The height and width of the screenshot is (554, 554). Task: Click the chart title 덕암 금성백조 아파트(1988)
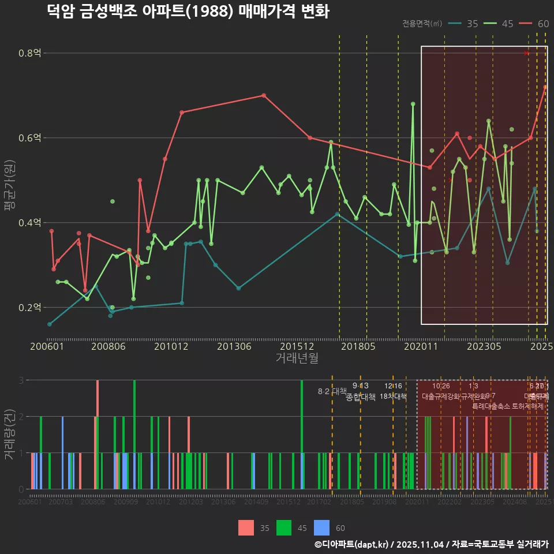(188, 12)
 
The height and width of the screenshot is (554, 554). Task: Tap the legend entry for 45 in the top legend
(499, 24)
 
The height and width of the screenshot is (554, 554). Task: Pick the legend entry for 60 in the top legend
(534, 24)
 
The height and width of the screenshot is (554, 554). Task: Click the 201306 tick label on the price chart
(234, 346)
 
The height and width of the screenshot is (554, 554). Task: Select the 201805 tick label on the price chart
(358, 346)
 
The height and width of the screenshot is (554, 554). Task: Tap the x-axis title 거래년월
(297, 358)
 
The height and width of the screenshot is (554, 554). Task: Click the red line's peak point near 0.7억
(264, 95)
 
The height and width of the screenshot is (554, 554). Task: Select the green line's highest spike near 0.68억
(413, 104)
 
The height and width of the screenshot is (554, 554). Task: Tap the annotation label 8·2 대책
(332, 391)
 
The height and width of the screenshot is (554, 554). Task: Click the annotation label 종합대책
(360, 397)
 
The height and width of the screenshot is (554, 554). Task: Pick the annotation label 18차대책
(393, 396)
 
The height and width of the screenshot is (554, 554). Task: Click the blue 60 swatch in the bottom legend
(321, 527)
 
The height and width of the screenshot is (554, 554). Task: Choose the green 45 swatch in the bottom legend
(285, 527)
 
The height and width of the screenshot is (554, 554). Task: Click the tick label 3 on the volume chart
(21, 380)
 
